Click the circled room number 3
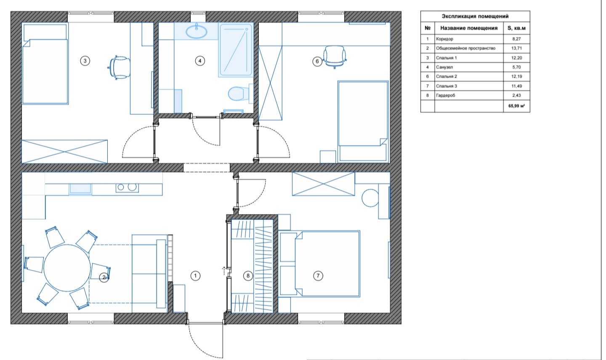85,61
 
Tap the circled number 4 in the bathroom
200,61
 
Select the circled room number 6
317,61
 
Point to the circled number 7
318,276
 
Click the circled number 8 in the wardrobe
248,276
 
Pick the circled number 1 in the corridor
195,276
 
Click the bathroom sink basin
197,32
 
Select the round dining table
67,268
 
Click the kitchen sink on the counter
80,189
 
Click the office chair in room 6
335,56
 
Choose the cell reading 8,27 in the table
516,39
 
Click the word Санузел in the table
444,67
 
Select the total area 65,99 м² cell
516,106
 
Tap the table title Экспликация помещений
475,16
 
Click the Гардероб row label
446,95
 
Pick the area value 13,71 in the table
517,48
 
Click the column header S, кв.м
516,28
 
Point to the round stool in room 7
370,198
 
